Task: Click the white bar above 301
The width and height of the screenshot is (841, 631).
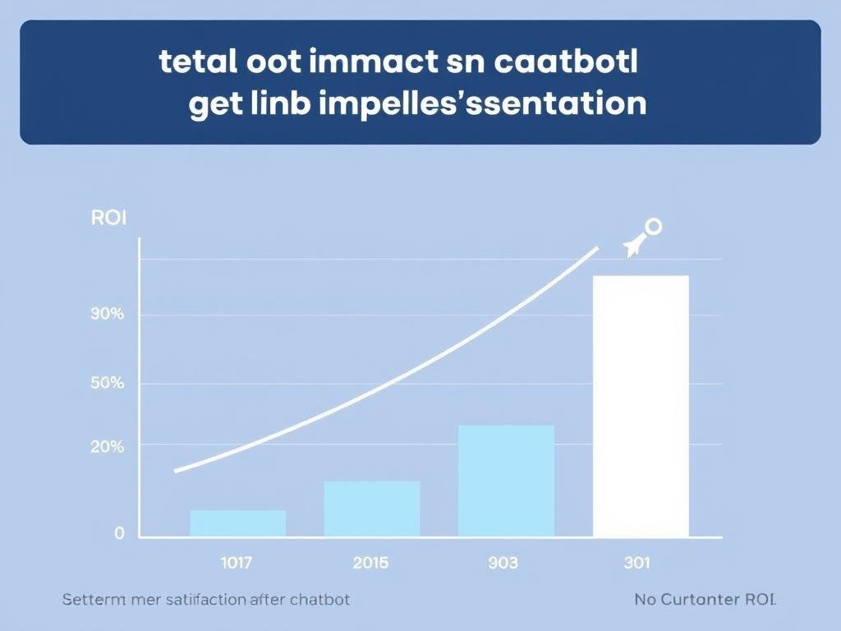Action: click(x=641, y=406)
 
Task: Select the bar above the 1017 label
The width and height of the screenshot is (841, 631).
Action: click(x=238, y=523)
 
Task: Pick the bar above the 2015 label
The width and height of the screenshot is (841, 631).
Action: click(x=372, y=509)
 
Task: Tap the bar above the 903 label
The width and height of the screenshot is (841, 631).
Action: click(x=506, y=481)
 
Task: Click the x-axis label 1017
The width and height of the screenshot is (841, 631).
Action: click(x=237, y=563)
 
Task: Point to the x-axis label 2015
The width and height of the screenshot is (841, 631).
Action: click(x=370, y=563)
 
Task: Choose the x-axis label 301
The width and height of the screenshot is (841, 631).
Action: click(x=636, y=563)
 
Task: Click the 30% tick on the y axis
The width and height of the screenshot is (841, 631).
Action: click(x=107, y=314)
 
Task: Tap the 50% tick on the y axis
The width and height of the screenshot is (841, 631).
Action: click(x=107, y=384)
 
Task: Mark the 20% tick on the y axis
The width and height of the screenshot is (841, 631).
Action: click(x=107, y=447)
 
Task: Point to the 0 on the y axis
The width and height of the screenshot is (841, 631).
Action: click(x=119, y=533)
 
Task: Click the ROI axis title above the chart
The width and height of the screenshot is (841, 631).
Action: click(x=108, y=219)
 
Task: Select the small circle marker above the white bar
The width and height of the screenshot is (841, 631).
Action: click(x=654, y=226)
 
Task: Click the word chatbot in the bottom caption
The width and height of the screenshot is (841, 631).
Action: click(x=317, y=600)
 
